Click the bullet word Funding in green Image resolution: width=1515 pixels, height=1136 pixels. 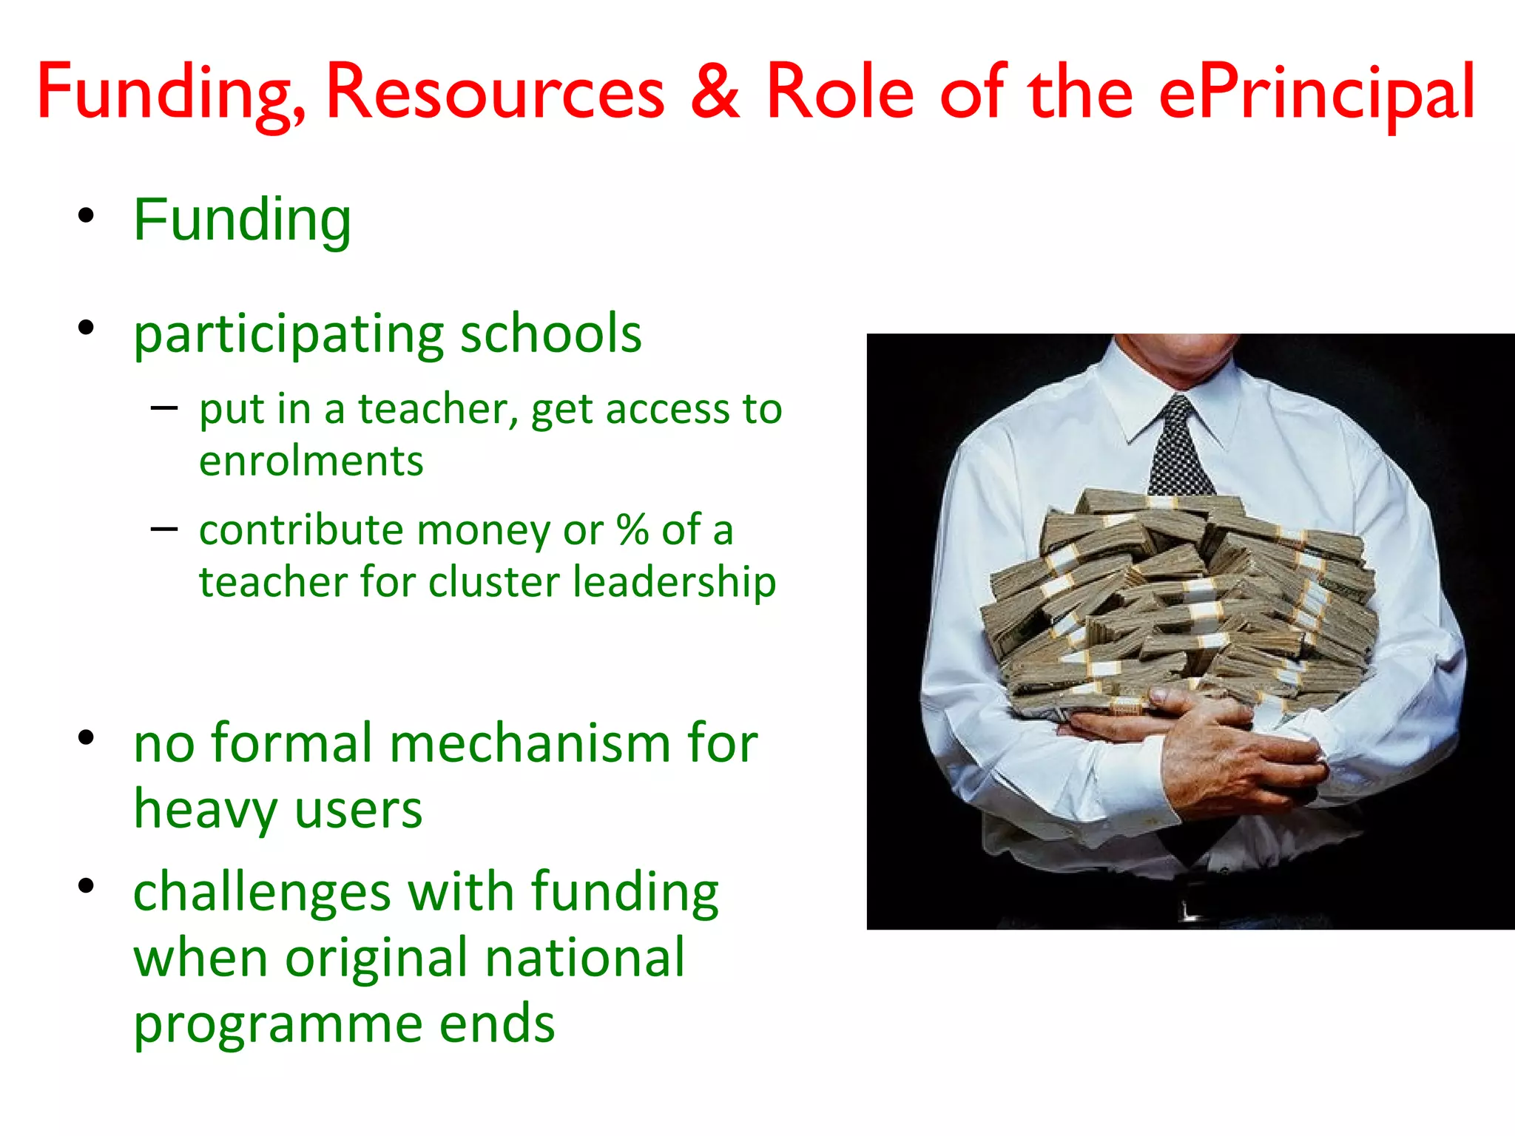[242, 220]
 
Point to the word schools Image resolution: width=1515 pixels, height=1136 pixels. [551, 334]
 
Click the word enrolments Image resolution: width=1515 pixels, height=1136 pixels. [311, 461]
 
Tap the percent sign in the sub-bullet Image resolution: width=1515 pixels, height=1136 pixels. [632, 530]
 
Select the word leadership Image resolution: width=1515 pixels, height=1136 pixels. [675, 581]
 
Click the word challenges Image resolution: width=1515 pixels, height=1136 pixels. [262, 893]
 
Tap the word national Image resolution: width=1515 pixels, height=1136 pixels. [585, 958]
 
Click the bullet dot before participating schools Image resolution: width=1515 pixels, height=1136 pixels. [87, 328]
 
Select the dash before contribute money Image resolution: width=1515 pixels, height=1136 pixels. [163, 529]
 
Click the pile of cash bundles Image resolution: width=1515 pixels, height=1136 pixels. [1184, 599]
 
